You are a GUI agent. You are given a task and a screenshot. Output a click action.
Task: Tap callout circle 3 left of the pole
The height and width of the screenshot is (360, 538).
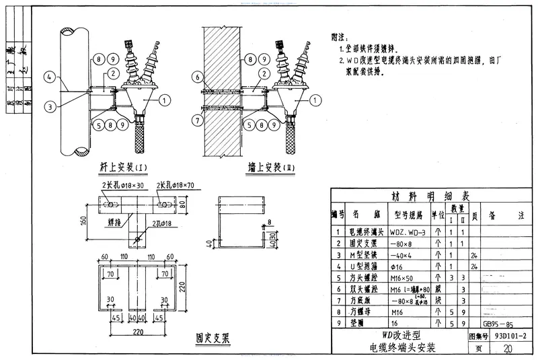pyautogui.click(x=49, y=105)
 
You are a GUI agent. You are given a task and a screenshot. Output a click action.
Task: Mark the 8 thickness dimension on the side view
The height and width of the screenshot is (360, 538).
pyautogui.click(x=269, y=220)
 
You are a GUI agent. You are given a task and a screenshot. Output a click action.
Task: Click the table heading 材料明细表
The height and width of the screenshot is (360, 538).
pyautogui.click(x=431, y=196)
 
